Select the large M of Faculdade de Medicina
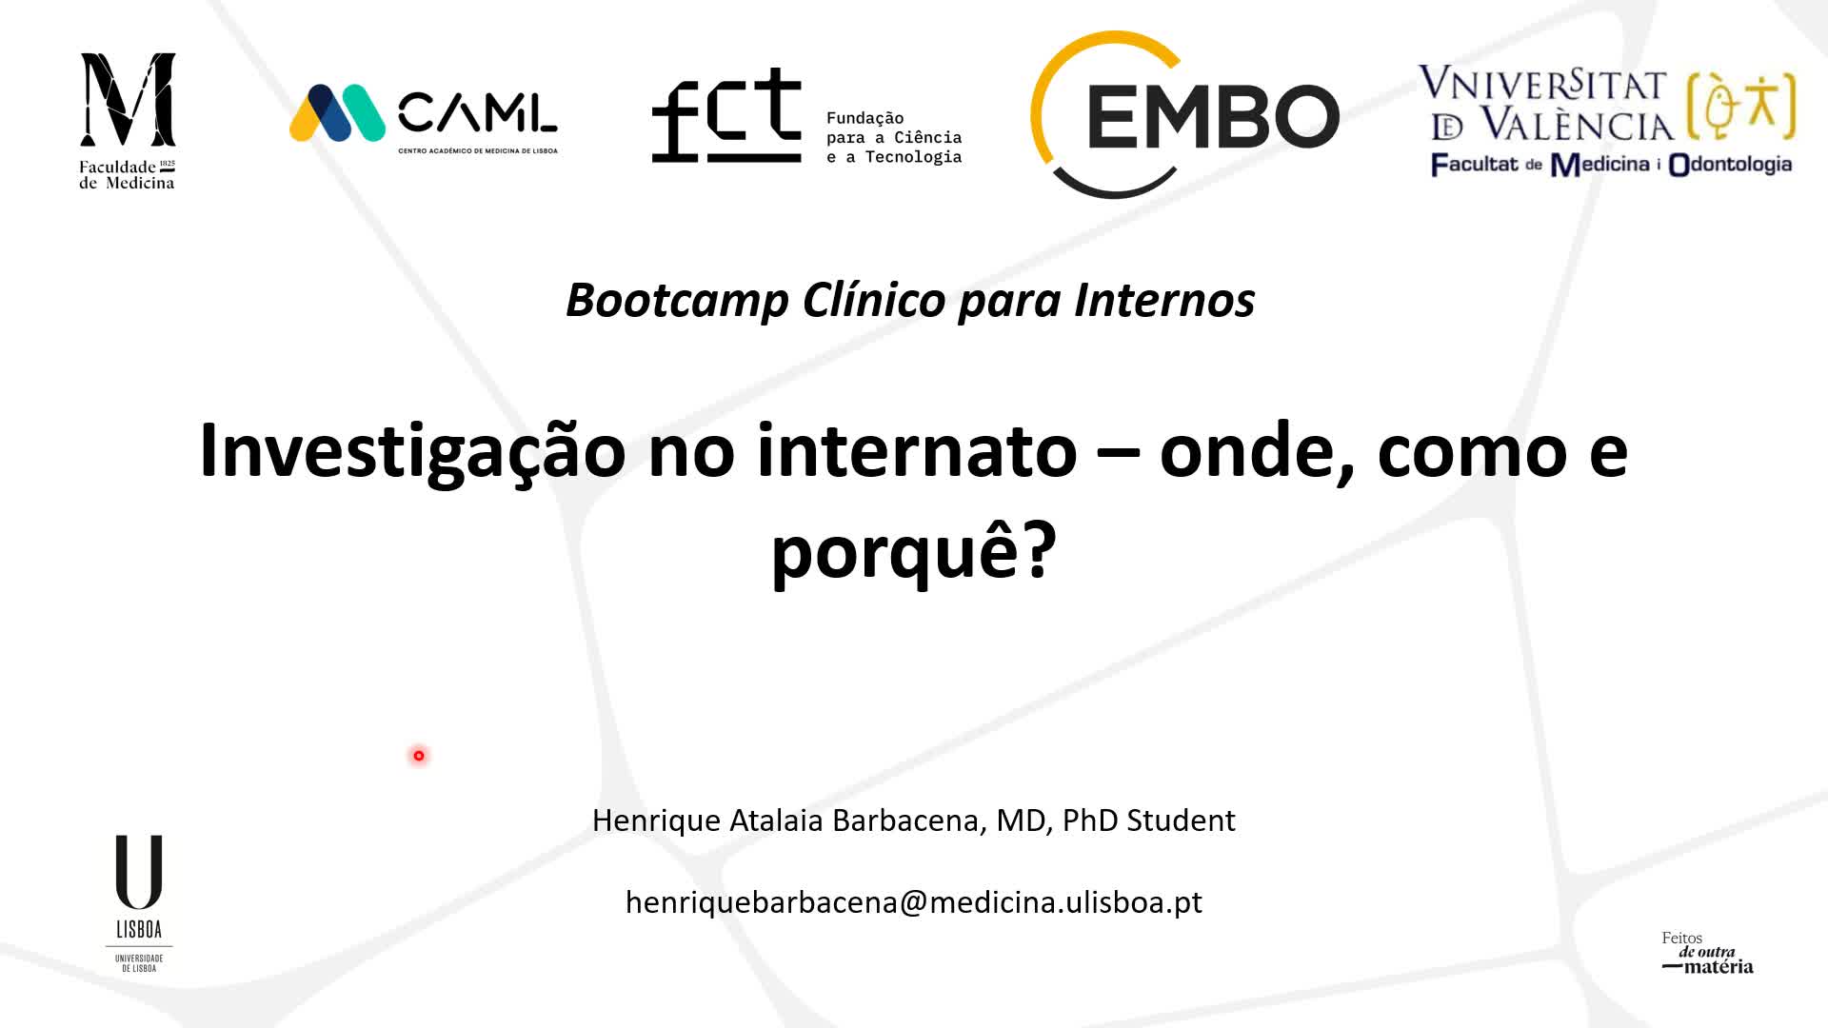[128, 99]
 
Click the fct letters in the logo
[726, 116]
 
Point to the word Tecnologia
[913, 157]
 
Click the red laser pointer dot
[419, 756]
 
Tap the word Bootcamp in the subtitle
[677, 301]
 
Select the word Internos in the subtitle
[1164, 301]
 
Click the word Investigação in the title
[412, 452]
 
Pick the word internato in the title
[917, 452]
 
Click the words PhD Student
[1148, 820]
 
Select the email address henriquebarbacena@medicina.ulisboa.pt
[914, 902]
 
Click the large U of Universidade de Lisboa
[139, 872]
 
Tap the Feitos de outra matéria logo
[1707, 953]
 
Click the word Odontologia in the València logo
[1730, 165]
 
